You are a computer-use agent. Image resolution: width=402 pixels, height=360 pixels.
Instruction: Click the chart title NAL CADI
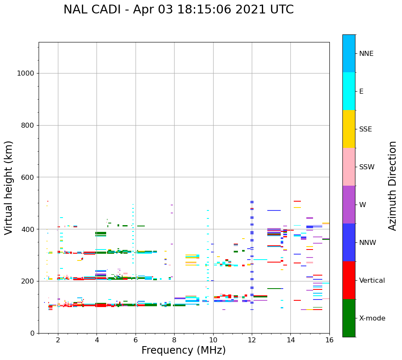(178, 10)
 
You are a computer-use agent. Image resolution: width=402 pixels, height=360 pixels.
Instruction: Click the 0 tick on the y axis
(32, 333)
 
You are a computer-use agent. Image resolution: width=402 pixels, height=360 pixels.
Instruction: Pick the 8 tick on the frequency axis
(174, 340)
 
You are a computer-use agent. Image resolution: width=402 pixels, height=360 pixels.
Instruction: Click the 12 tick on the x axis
(252, 340)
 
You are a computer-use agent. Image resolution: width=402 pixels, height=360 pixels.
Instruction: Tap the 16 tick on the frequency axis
(329, 340)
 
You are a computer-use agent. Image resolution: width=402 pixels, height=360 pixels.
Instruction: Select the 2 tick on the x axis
(58, 340)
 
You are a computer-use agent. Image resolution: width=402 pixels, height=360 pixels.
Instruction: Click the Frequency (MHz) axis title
(183, 350)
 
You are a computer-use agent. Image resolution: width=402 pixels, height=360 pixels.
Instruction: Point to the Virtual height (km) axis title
(9, 187)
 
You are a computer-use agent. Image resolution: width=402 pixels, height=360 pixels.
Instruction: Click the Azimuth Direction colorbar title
(392, 186)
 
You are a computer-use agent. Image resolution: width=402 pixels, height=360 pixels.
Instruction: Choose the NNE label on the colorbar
(366, 54)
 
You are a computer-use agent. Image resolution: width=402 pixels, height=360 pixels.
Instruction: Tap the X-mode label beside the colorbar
(372, 318)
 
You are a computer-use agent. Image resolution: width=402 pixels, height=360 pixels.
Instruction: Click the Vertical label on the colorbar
(372, 281)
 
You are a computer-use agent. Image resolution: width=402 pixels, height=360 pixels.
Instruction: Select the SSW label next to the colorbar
(367, 167)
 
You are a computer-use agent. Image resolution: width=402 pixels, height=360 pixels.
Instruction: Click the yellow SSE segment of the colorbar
(349, 129)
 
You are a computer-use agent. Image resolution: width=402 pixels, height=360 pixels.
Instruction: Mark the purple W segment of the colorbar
(349, 205)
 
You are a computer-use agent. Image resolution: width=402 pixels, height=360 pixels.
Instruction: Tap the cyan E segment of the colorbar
(349, 91)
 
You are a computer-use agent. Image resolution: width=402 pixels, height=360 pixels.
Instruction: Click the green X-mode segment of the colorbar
(349, 318)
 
